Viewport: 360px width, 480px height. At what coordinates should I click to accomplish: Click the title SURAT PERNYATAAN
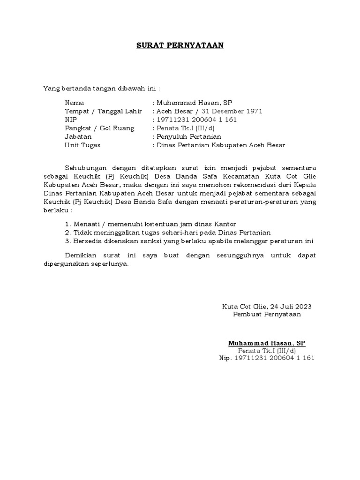(x=180, y=45)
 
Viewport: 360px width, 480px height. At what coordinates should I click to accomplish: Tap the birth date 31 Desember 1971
(x=232, y=111)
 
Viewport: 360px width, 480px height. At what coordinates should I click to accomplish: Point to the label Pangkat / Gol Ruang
(x=99, y=128)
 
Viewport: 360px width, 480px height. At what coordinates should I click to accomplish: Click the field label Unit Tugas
(x=82, y=145)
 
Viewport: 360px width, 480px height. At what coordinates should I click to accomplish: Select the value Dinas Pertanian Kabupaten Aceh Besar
(x=221, y=145)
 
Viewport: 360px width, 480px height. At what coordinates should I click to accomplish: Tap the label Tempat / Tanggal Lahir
(x=103, y=111)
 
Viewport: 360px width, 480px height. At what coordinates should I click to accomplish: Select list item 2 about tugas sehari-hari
(x=168, y=232)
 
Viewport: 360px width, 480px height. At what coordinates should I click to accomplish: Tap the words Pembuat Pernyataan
(x=267, y=314)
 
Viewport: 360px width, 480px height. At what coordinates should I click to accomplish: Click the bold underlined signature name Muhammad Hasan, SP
(x=266, y=343)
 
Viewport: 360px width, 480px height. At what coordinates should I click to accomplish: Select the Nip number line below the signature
(x=266, y=358)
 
